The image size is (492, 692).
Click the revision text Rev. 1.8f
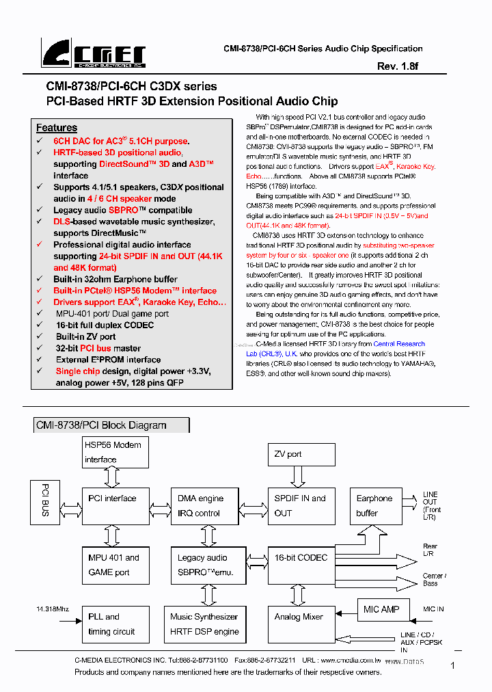398,66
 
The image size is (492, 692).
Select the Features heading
57,128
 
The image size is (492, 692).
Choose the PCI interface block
115,505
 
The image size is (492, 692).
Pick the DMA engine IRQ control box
201,505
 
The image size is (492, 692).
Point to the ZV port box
301,454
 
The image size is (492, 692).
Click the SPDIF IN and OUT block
301,505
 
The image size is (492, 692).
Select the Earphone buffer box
375,505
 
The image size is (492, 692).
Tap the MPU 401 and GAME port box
115,564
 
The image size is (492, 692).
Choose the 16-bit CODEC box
301,564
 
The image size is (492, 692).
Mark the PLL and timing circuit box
115,623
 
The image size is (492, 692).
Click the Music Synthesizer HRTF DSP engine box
204,623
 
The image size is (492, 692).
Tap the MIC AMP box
381,609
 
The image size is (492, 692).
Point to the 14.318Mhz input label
53,608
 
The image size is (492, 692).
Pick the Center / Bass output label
434,580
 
